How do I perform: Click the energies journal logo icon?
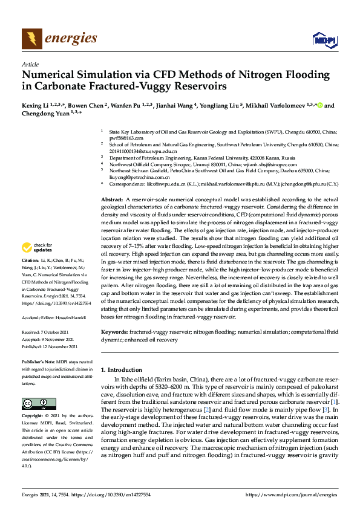[31, 39]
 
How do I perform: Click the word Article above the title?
[30, 64]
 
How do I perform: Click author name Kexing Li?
[35, 105]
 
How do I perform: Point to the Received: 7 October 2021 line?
[48, 332]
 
